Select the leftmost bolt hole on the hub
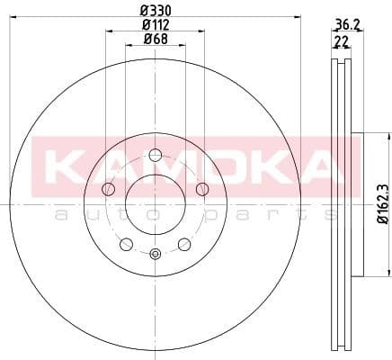click(109, 188)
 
